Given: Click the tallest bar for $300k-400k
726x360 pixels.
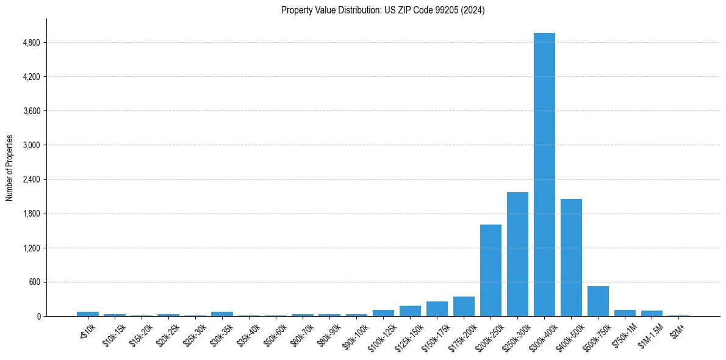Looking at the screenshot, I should coord(544,175).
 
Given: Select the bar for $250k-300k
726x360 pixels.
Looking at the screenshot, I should coord(517,254).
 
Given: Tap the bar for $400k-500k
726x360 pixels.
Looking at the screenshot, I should coord(571,257).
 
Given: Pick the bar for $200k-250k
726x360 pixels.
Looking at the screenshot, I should coord(491,270).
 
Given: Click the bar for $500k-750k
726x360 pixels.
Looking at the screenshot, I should coord(598,301).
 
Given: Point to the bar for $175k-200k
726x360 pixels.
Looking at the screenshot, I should coord(464,306).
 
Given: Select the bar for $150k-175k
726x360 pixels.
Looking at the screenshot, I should coord(437,309).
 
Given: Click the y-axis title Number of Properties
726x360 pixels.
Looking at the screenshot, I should coord(9,168).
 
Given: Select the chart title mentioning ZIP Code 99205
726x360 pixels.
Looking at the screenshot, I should coord(383,10).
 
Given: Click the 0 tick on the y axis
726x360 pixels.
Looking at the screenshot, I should coord(38,316).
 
